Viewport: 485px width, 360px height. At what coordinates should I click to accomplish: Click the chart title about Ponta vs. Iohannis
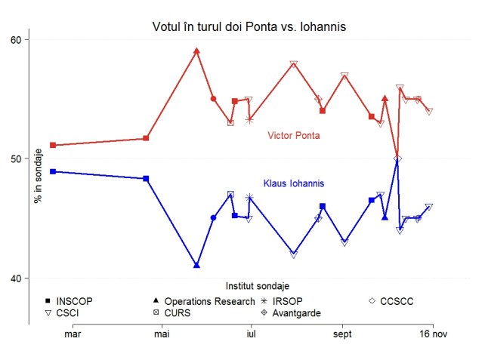(249, 27)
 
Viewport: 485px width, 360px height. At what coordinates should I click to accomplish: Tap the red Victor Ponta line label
(294, 136)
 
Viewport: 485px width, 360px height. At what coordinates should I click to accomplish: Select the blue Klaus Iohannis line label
(294, 183)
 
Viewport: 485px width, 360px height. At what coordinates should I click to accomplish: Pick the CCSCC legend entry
(397, 301)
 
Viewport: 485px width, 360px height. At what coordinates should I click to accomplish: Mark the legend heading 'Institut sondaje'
(257, 286)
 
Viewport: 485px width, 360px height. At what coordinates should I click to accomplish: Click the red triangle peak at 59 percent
(196, 51)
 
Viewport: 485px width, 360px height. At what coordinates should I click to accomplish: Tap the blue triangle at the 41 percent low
(196, 266)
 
